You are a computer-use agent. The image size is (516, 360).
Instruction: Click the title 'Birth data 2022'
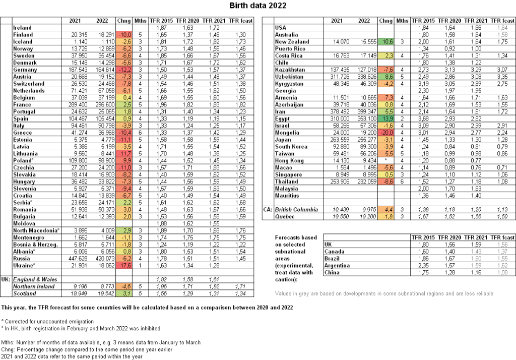258,6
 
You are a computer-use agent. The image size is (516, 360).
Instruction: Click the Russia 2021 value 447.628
74,258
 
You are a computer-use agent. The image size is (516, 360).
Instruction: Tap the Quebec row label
285,216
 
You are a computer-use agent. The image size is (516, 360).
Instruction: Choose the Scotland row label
25,293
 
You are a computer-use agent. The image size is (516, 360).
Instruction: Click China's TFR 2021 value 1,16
474,272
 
